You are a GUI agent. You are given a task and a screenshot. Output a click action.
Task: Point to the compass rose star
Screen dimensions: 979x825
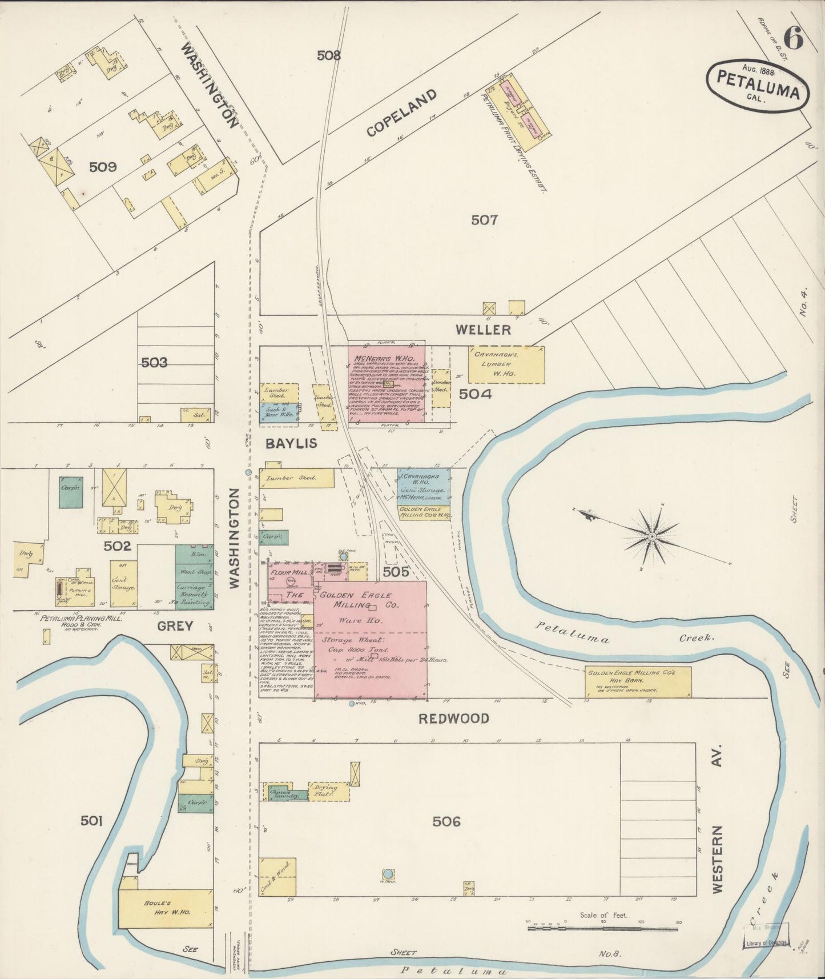(x=651, y=537)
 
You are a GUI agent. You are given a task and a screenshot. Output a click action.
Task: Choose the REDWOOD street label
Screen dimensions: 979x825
(x=454, y=719)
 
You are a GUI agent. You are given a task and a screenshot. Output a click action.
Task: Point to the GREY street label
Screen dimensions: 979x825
(x=174, y=627)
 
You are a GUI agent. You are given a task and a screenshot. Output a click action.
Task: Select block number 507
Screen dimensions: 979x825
(x=484, y=220)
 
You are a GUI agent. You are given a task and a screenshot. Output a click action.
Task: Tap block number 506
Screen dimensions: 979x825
(x=446, y=822)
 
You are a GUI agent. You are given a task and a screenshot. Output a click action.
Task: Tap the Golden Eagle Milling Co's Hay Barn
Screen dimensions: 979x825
(x=638, y=681)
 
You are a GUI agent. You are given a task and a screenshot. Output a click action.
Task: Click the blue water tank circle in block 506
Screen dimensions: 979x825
(x=388, y=874)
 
